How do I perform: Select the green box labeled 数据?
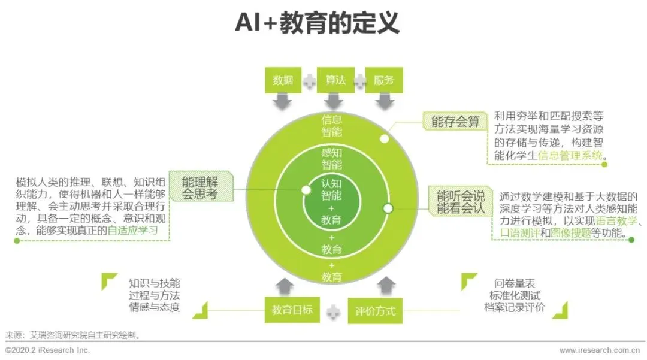tap(283, 80)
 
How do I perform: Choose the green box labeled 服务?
tap(383, 80)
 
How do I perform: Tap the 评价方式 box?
tap(375, 311)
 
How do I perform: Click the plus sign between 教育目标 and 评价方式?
tap(334, 311)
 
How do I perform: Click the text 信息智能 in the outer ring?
tap(331, 125)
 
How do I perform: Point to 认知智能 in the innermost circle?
tap(331, 189)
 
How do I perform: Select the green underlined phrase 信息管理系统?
tap(570, 156)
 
